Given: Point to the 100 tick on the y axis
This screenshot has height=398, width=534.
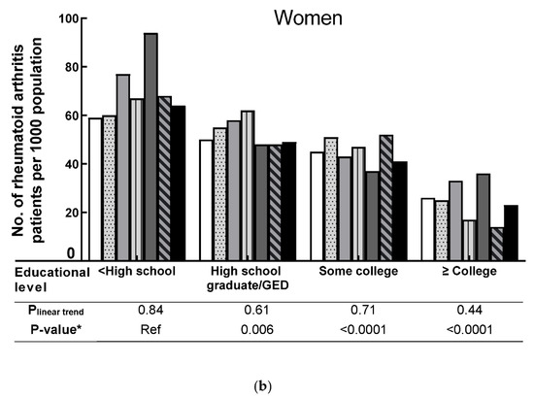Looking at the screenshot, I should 68,18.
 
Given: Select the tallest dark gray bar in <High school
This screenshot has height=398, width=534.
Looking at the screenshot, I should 150,146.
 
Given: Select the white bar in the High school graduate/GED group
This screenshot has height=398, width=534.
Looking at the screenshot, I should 206,199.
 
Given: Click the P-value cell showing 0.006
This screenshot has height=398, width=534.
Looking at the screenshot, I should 243,329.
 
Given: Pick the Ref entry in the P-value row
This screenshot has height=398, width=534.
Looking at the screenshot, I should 135,329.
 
